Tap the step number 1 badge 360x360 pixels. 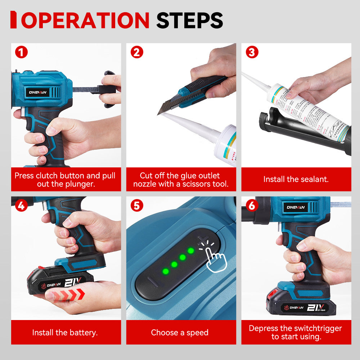point(21,52)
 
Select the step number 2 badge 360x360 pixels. point(136,52)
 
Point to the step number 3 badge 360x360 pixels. point(252,52)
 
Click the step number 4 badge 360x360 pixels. point(21,205)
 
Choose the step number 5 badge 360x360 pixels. point(136,205)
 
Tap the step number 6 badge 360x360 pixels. point(252,205)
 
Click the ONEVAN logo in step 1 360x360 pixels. point(38,92)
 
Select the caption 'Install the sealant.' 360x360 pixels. point(296,179)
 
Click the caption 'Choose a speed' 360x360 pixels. point(180,332)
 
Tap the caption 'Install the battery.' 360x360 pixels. point(65,332)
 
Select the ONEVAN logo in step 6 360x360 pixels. point(296,207)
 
